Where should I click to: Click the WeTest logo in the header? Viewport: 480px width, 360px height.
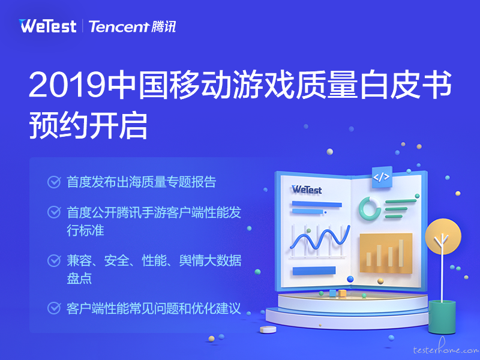[47, 26]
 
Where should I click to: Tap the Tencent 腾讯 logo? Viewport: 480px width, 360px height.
[132, 26]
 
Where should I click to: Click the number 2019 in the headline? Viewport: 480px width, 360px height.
[67, 85]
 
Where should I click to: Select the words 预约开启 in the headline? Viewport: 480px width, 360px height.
[88, 125]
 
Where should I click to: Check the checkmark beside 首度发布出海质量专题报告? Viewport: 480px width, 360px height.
[54, 182]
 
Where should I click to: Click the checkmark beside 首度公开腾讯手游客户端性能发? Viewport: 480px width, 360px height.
[54, 212]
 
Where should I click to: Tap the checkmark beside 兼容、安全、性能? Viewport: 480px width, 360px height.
[54, 260]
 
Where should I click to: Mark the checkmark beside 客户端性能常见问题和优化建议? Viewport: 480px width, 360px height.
[54, 308]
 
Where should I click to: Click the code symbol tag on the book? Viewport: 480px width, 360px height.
[382, 177]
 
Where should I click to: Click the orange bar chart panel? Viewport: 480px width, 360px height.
[386, 253]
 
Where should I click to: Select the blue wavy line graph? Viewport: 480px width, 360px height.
[320, 238]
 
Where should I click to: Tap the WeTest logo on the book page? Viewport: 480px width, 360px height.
[307, 190]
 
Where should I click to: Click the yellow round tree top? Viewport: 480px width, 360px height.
[443, 236]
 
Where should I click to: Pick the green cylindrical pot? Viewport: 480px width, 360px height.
[442, 317]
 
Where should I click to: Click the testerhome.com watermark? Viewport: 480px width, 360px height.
[446, 348]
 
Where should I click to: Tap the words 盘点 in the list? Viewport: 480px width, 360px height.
[79, 278]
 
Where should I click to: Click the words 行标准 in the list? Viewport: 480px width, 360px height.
[85, 230]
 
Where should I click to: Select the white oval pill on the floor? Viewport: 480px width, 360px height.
[268, 329]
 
